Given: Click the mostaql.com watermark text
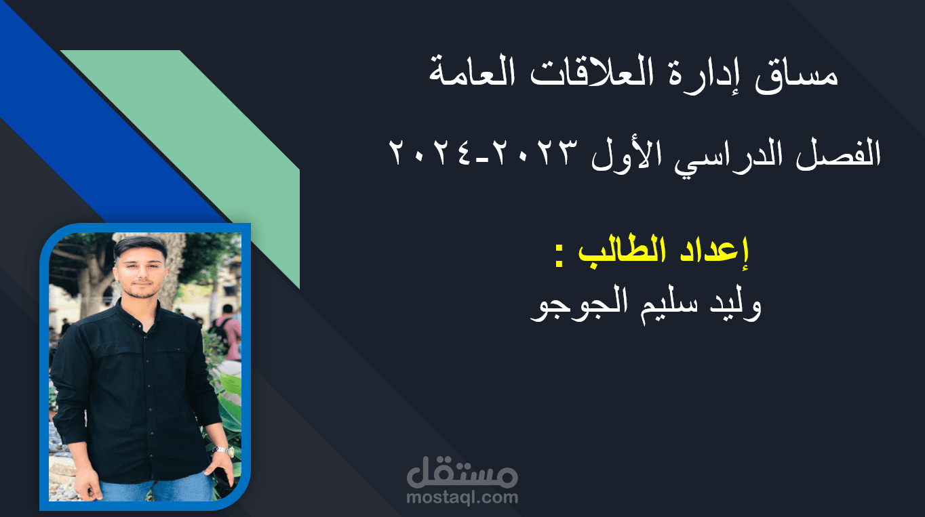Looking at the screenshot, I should click(462, 498).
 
